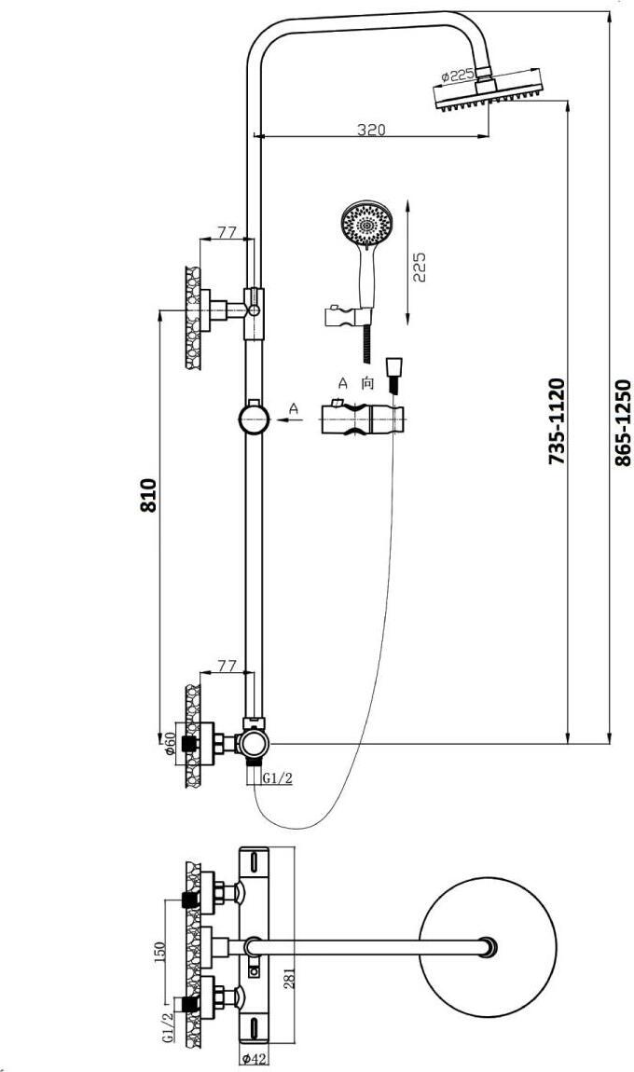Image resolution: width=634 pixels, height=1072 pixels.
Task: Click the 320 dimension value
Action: pos(371,130)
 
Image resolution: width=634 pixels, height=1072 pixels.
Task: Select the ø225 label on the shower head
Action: pos(458,76)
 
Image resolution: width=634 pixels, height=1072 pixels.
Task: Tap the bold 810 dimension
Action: pos(148,495)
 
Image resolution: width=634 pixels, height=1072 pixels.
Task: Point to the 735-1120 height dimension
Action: pos(557,422)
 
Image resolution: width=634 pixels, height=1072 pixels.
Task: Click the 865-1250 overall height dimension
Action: pos(622,422)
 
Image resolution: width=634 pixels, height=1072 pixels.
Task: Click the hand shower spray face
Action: pos(366,222)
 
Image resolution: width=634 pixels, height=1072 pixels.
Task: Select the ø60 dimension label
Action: pos(171,743)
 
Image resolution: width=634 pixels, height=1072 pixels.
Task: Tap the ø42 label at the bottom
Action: pos(255,1060)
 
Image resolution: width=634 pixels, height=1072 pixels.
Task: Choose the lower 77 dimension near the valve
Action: pos(227,666)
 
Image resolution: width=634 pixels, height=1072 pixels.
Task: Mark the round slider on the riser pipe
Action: pos(253,419)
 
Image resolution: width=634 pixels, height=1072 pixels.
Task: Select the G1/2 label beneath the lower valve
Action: pos(279,778)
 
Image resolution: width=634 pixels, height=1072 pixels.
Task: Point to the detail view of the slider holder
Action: pos(362,419)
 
